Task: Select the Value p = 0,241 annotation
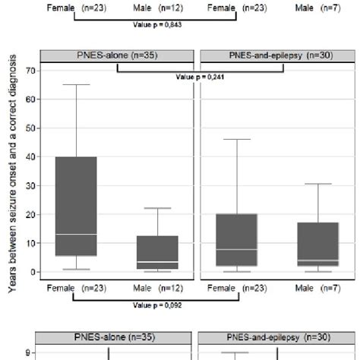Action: [200, 76]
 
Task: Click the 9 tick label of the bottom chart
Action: [29, 352]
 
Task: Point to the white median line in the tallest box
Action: [76, 234]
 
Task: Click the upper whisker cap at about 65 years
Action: [76, 84]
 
